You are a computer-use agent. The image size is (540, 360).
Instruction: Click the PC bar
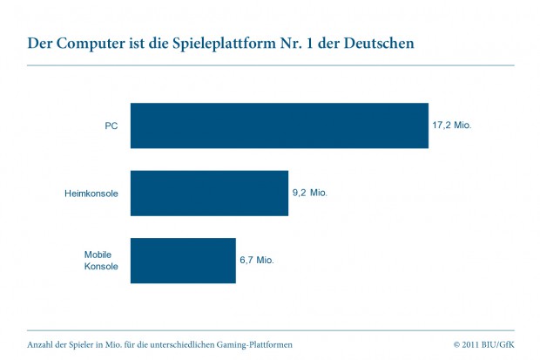click(x=279, y=126)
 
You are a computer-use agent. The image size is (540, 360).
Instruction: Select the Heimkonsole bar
click(x=209, y=193)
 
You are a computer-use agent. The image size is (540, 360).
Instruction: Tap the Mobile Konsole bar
click(x=183, y=260)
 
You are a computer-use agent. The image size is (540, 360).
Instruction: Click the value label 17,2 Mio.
click(x=451, y=126)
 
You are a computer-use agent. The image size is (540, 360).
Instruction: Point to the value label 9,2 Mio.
click(x=309, y=193)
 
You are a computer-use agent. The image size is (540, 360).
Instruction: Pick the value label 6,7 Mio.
click(x=257, y=260)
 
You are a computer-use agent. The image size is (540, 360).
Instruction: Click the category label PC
click(x=111, y=126)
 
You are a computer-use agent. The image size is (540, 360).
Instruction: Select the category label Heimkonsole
click(x=91, y=193)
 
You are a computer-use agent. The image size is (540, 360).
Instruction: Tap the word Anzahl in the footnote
click(x=41, y=344)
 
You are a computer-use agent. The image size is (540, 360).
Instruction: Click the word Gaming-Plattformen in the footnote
click(x=251, y=344)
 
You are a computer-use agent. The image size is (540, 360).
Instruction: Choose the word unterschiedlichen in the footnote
click(x=174, y=344)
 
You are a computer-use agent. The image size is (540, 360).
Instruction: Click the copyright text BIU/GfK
click(x=497, y=344)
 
